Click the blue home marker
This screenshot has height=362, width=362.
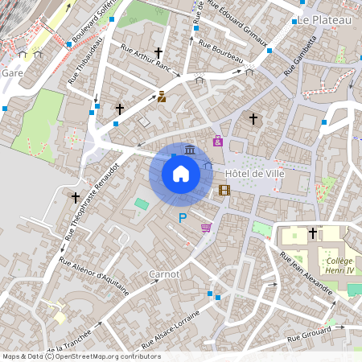click(181, 173)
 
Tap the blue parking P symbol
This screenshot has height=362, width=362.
click(183, 218)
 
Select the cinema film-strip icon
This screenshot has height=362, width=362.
click(224, 191)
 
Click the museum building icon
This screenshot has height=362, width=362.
click(189, 150)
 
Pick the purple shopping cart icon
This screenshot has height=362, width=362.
click(206, 228)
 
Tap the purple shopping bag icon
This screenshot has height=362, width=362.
click(218, 141)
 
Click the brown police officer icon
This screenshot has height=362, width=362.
click(161, 97)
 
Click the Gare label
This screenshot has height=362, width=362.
click(12, 72)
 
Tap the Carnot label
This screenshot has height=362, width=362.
click(163, 274)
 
